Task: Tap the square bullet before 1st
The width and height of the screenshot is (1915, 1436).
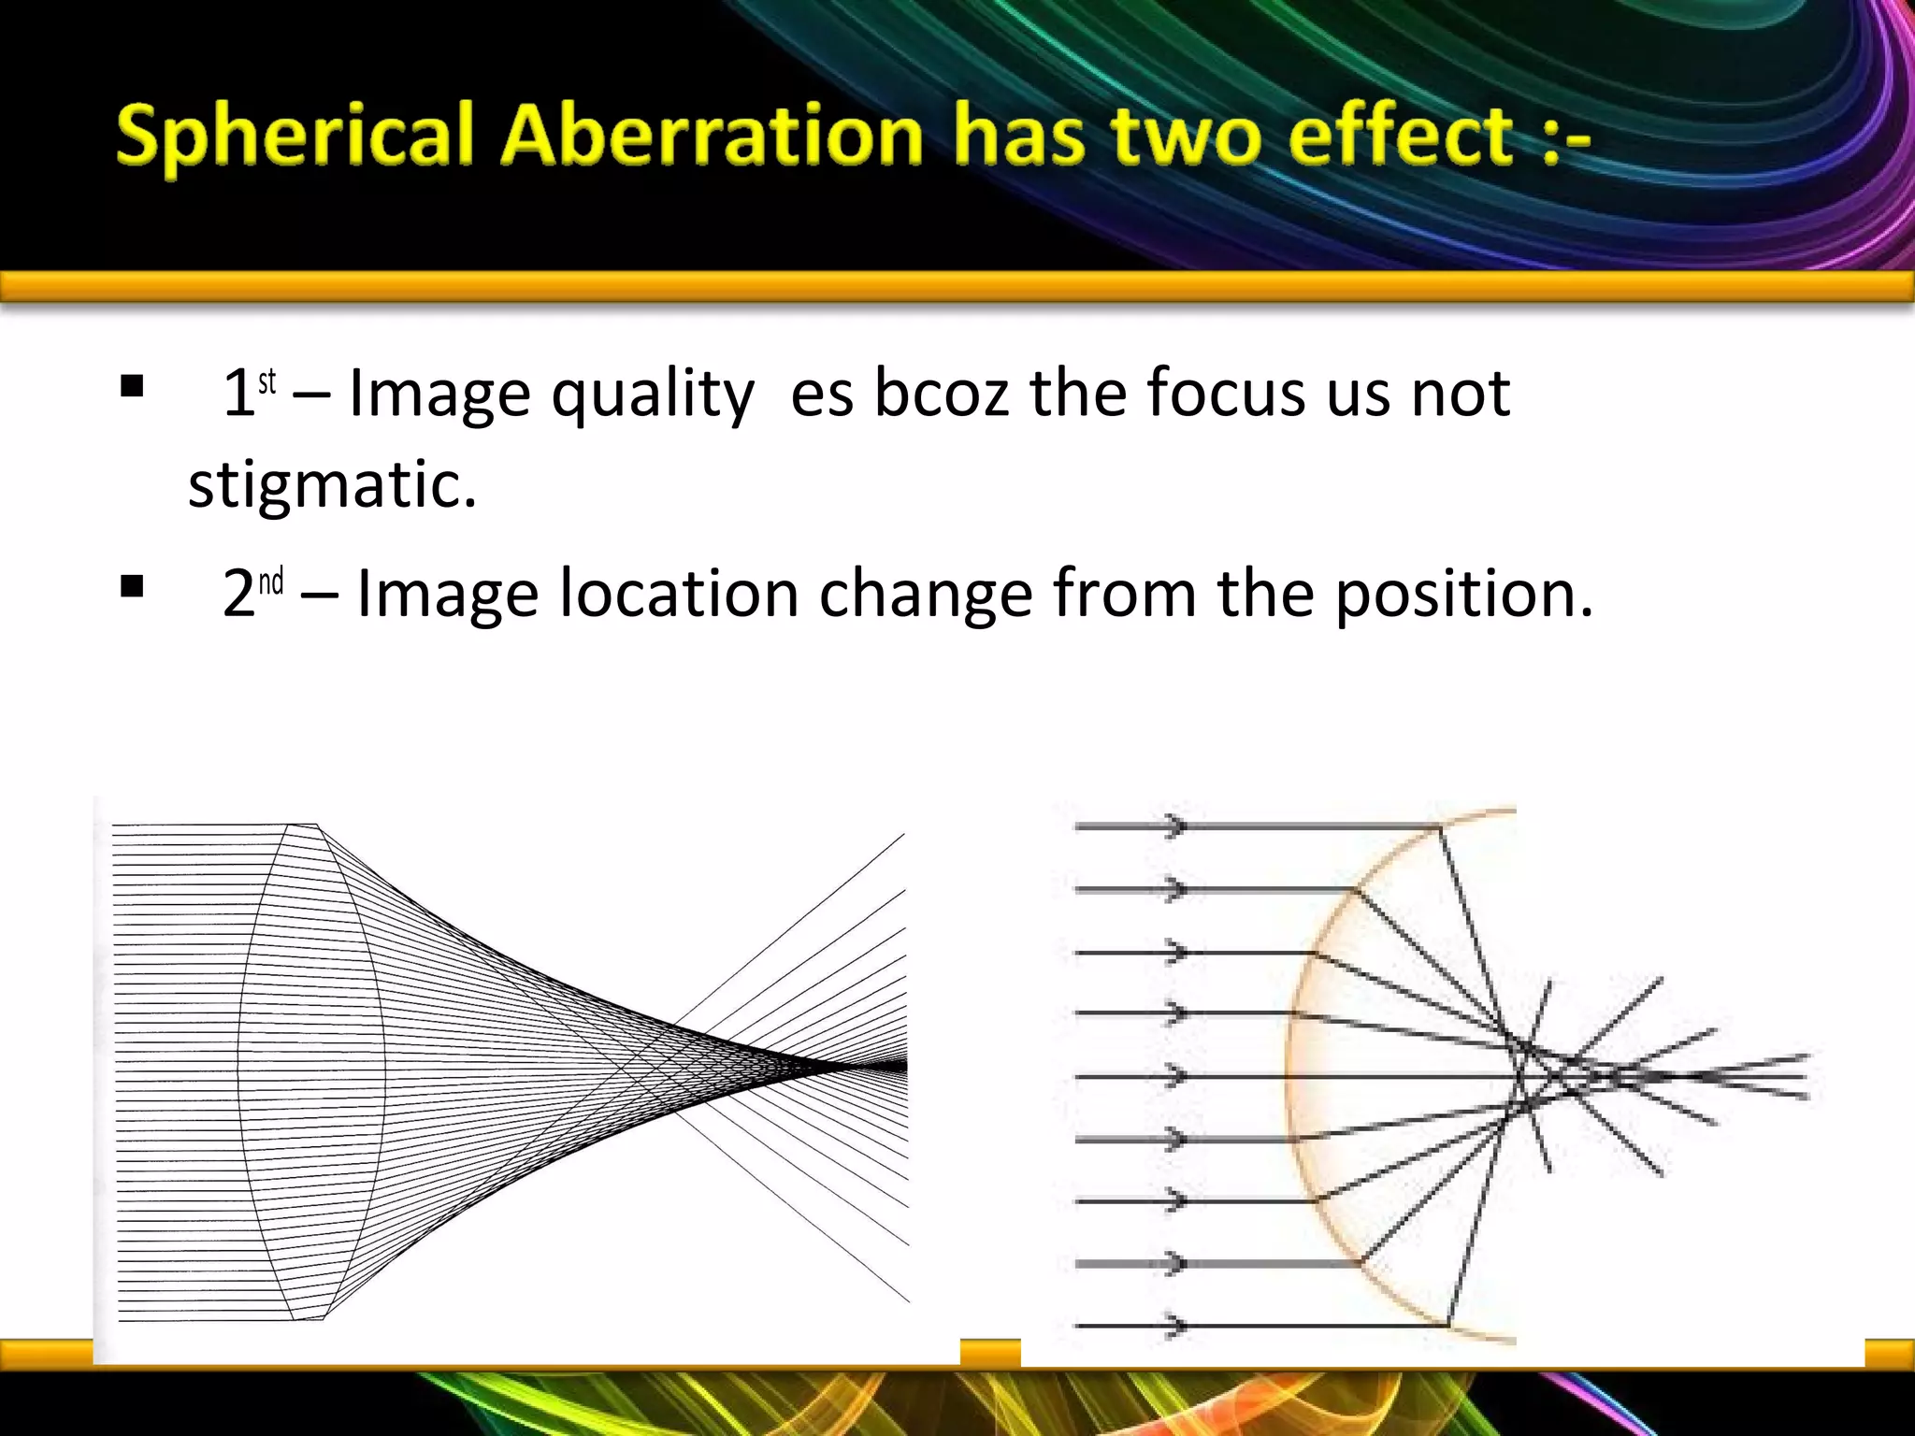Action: tap(132, 385)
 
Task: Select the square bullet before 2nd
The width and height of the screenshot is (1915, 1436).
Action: tap(132, 586)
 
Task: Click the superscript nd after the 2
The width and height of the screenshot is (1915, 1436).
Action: tap(271, 582)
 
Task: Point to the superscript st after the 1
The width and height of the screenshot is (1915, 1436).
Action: tap(267, 381)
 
